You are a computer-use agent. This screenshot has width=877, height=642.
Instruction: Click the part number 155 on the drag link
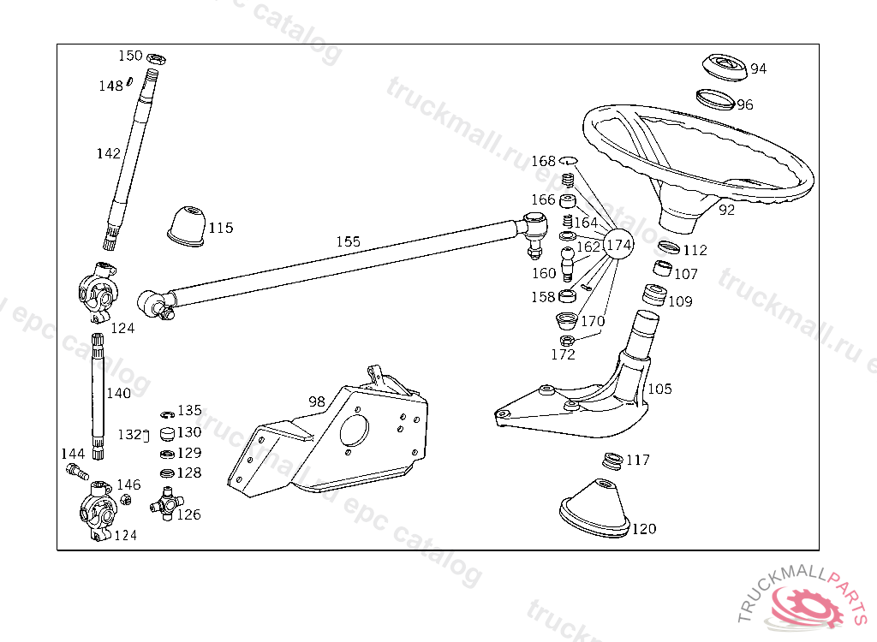348,241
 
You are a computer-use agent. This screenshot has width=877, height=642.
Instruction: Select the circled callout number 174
618,245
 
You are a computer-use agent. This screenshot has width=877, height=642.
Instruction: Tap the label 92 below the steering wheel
726,209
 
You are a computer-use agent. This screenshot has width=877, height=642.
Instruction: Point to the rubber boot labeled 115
186,225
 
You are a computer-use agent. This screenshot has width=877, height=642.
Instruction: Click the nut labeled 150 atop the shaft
156,59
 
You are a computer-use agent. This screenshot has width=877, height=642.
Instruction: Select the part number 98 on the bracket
317,401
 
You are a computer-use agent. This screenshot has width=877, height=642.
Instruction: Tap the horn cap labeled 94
722,67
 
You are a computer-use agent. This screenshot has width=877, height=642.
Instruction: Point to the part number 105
659,389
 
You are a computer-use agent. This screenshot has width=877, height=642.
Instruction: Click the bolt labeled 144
75,470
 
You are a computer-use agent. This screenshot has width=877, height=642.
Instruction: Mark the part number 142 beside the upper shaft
108,153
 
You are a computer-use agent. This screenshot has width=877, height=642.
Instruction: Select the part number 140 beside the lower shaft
119,393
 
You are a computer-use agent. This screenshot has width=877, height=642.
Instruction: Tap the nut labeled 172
565,340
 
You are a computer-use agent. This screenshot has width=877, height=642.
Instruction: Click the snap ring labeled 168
568,161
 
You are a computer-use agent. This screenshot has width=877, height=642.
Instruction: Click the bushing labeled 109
655,296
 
